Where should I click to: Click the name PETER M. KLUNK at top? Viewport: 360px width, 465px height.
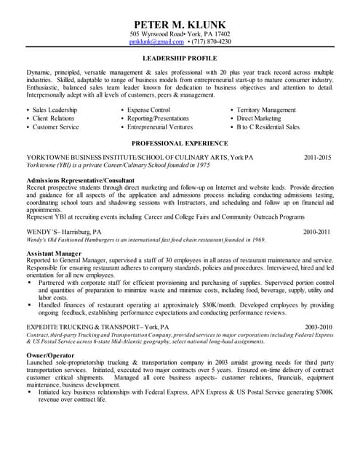(180, 23)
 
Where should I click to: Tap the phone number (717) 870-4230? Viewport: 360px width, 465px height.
(211, 42)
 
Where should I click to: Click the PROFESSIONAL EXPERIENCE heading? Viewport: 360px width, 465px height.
(180, 144)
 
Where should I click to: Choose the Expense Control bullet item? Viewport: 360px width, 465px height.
(149, 110)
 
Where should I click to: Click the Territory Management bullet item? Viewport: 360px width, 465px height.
(266, 110)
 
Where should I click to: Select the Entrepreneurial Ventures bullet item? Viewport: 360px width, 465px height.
(160, 126)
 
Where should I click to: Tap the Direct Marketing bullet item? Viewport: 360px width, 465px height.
(259, 118)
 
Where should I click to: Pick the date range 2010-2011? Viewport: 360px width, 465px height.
(318, 232)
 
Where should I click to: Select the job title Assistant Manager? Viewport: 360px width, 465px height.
(54, 252)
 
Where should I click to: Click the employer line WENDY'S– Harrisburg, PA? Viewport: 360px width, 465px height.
(64, 232)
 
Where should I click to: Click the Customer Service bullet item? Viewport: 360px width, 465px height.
(55, 126)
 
